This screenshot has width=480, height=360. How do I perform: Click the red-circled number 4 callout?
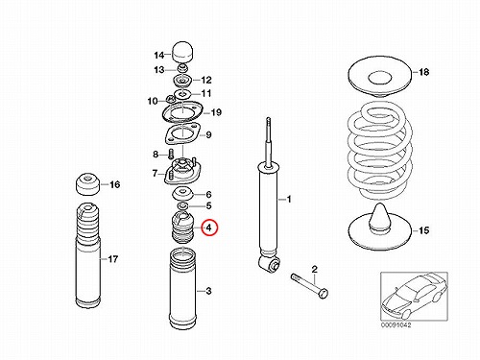click(x=209, y=228)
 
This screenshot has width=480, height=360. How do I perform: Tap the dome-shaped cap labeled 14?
click(x=183, y=51)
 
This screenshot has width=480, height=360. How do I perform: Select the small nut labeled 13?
click(x=182, y=68)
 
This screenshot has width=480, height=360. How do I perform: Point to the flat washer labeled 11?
click(x=182, y=94)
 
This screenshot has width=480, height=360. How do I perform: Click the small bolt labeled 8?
click(x=170, y=155)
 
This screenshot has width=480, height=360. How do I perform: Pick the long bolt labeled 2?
click(x=309, y=285)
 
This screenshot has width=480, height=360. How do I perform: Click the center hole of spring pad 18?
click(x=380, y=79)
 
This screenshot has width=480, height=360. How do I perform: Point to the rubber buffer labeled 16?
click(x=87, y=184)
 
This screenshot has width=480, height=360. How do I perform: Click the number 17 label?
click(x=112, y=259)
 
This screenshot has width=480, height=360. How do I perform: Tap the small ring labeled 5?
click(x=182, y=204)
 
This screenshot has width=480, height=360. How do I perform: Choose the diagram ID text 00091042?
click(x=396, y=325)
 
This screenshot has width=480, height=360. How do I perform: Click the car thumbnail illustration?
click(x=414, y=296)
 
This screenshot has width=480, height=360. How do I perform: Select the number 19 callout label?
click(x=216, y=112)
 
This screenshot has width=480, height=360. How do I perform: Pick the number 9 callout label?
click(x=208, y=134)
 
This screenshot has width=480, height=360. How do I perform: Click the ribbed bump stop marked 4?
click(x=182, y=228)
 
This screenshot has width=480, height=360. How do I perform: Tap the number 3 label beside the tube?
click(x=208, y=291)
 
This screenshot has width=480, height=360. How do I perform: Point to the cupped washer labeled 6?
click(x=182, y=193)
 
